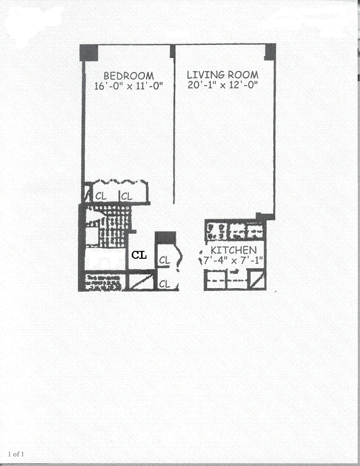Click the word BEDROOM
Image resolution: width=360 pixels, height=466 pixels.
tap(128, 76)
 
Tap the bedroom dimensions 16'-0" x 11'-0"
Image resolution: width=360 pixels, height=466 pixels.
tap(128, 86)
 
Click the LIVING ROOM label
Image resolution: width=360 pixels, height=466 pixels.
tap(223, 75)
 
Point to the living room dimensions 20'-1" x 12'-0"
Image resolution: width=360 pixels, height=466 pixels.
tap(223, 84)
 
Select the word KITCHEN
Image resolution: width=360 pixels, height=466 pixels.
tap(233, 250)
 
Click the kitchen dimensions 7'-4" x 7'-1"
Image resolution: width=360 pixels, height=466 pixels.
tap(233, 259)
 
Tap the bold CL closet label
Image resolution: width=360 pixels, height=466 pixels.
tap(140, 255)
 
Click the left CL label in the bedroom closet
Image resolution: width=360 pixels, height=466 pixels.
tap(101, 196)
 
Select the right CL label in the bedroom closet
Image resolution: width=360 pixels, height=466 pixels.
tap(126, 196)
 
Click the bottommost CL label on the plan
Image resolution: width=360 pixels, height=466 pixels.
tap(164, 284)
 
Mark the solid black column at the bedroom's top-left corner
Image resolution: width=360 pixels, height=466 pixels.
tap(89, 52)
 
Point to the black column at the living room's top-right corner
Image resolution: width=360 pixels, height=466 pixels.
tap(270, 51)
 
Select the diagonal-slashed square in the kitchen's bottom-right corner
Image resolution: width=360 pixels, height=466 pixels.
tap(257, 280)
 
